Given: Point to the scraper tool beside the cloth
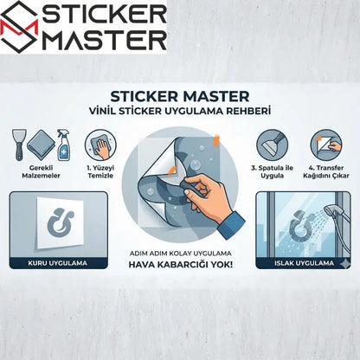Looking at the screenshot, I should [x=18, y=143].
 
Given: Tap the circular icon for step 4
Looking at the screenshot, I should [x=325, y=144].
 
